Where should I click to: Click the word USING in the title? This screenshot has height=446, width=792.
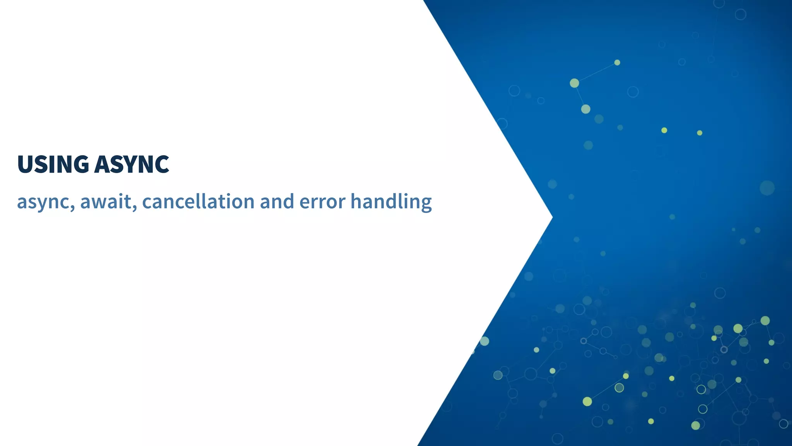[x=53, y=164]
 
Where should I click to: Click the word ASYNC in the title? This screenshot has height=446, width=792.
[x=131, y=164]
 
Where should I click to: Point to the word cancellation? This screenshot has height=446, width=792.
[x=198, y=202]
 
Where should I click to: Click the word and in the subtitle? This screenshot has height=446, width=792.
[x=277, y=202]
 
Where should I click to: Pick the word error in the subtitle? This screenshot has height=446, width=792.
[x=322, y=202]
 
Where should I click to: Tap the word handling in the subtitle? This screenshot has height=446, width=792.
[x=391, y=202]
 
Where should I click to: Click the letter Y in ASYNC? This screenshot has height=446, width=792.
[x=129, y=164]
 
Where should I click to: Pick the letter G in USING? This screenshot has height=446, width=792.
[x=81, y=164]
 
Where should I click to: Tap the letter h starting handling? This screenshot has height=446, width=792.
[x=356, y=201]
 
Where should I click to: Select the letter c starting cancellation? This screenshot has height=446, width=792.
[x=147, y=202]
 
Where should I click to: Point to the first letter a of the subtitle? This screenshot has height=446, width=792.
[x=22, y=202]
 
